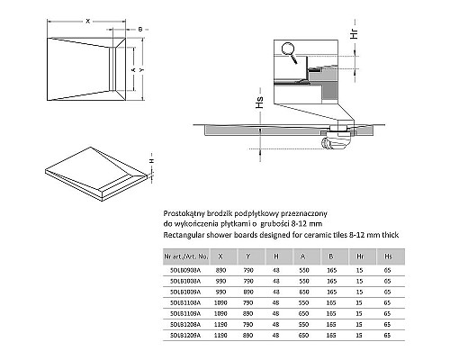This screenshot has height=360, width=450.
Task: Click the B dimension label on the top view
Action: click(141, 29)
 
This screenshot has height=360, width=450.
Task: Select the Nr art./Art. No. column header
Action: click(190, 256)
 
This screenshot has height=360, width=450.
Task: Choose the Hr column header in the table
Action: click(358, 256)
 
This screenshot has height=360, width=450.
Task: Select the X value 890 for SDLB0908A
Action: click(220, 269)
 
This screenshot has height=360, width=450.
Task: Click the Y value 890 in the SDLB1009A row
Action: click(248, 291)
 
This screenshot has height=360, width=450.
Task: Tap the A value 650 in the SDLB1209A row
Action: click(303, 335)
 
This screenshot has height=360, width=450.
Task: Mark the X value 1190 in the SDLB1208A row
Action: click(220, 324)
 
